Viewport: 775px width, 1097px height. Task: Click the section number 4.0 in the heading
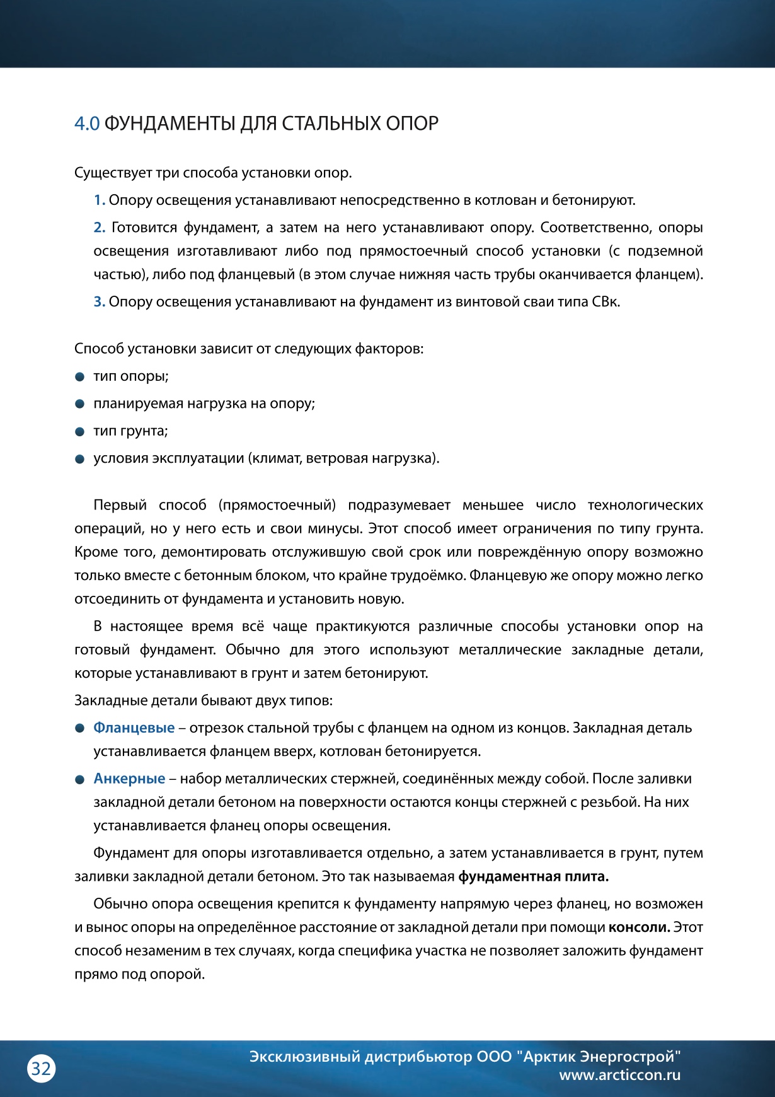[87, 124]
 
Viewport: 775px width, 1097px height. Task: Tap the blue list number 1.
[99, 200]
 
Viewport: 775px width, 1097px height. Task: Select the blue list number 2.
[99, 228]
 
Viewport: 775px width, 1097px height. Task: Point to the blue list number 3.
[99, 302]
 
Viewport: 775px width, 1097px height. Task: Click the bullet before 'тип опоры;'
[80, 377]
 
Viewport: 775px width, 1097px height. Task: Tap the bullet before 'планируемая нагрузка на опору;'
[80, 404]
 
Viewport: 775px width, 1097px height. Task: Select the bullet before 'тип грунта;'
[80, 432]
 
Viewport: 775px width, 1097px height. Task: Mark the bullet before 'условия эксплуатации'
[80, 459]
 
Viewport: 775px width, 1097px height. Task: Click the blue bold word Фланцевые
[134, 728]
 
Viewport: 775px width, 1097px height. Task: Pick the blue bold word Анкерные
[129, 779]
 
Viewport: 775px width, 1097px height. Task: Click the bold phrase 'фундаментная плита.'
[533, 877]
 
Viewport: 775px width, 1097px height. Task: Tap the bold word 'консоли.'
[639, 928]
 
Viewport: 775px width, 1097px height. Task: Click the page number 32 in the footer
[41, 1069]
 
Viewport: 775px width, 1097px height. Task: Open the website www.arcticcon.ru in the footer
[619, 1076]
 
